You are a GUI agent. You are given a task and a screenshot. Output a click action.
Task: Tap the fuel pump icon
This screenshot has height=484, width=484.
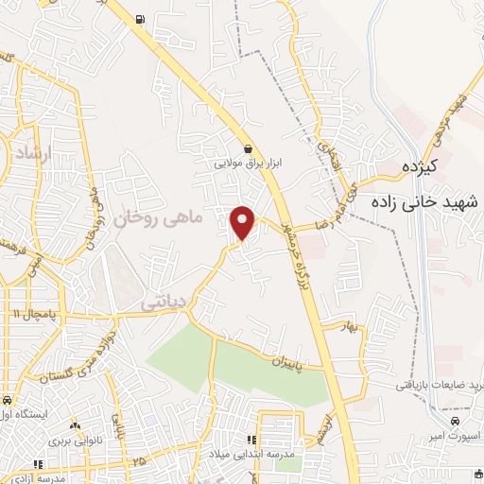(141, 19)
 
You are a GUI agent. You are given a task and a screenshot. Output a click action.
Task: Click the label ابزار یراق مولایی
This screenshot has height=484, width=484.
(248, 163)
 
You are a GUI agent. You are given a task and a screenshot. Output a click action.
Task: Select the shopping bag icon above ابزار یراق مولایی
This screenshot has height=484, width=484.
(248, 148)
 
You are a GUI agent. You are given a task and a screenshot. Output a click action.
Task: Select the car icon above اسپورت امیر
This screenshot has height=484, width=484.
(456, 421)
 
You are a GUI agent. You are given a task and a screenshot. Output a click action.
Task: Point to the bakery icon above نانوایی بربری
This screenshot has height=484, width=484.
(75, 426)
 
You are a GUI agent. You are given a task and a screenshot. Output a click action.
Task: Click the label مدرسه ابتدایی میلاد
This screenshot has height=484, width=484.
(252, 454)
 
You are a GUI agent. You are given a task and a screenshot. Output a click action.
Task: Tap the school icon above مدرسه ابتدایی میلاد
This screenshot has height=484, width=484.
(252, 440)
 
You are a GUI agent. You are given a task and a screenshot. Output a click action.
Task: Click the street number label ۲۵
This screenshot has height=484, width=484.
(138, 461)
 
